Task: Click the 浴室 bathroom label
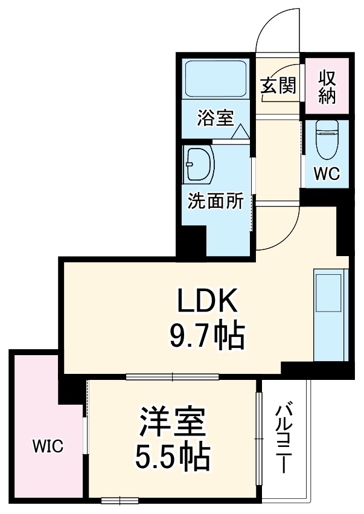click(214, 118)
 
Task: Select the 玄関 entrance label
click(278, 86)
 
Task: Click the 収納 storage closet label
click(327, 86)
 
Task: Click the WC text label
click(327, 173)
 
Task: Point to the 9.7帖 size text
click(205, 336)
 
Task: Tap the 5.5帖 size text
click(172, 457)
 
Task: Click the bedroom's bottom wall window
click(120, 500)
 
